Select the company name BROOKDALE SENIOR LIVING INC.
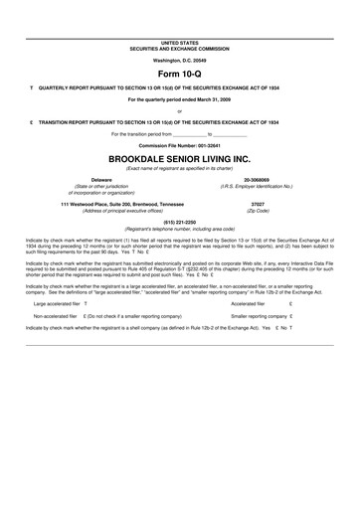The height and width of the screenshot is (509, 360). coord(180,158)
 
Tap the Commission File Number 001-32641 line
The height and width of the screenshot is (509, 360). coord(180,145)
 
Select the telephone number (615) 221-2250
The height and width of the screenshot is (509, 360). coord(180,222)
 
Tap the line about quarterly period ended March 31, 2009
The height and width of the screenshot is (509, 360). coord(180,100)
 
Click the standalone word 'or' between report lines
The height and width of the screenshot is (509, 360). coord(180,111)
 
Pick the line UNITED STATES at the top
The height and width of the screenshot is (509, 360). coord(180,44)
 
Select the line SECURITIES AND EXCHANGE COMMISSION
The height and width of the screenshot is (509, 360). coord(180,49)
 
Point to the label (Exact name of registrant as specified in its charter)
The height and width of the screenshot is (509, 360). coord(180,168)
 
